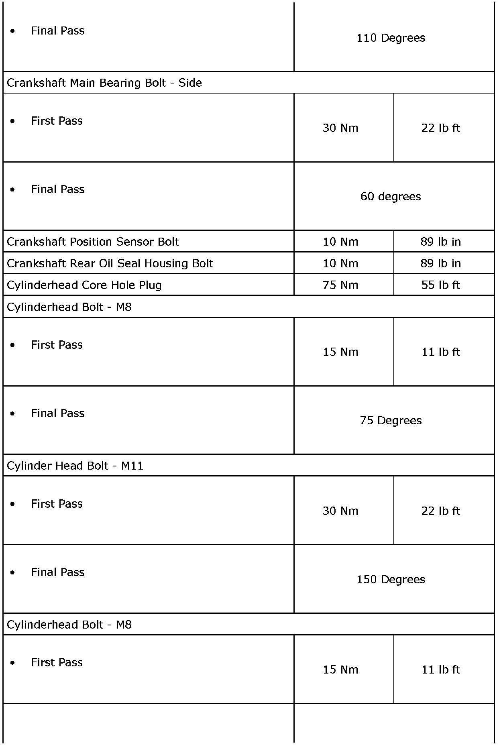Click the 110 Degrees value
pyautogui.click(x=391, y=38)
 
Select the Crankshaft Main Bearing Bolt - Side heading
pyautogui.click(x=104, y=83)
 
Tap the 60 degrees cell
pyautogui.click(x=391, y=196)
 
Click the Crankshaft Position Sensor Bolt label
pyautogui.click(x=93, y=242)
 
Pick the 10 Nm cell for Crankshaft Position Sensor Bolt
pyautogui.click(x=340, y=242)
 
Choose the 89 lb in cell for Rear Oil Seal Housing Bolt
pyautogui.click(x=440, y=263)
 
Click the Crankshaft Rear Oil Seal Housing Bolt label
pyautogui.click(x=110, y=263)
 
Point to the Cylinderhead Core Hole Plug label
pyautogui.click(x=84, y=285)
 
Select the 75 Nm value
pyautogui.click(x=340, y=285)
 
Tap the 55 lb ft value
pyautogui.click(x=440, y=285)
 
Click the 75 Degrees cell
pyautogui.click(x=391, y=420)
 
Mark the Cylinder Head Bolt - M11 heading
pyautogui.click(x=75, y=466)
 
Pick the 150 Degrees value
pyautogui.click(x=391, y=579)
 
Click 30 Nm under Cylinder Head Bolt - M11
pyautogui.click(x=340, y=511)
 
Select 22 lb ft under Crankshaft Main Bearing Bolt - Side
pyautogui.click(x=440, y=128)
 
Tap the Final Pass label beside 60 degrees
pyautogui.click(x=58, y=189)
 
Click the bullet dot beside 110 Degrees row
pyautogui.click(x=13, y=31)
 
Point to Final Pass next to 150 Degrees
pyautogui.click(x=58, y=572)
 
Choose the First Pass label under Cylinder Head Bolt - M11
pyautogui.click(x=57, y=504)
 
